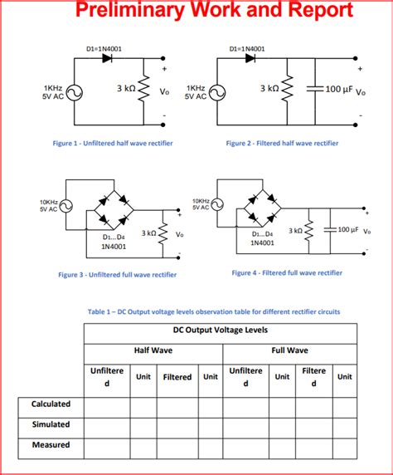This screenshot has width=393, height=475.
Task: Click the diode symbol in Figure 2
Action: (250, 59)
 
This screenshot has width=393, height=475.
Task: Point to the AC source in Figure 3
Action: (65, 205)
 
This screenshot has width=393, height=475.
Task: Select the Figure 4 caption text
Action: (286, 272)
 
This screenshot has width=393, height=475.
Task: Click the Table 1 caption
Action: (214, 311)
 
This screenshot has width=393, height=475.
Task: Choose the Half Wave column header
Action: (153, 350)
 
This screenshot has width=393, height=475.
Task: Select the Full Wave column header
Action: (290, 350)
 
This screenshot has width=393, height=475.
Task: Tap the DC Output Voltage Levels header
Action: (221, 329)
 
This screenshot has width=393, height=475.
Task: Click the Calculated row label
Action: (51, 404)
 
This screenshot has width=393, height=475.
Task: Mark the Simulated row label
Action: (51, 424)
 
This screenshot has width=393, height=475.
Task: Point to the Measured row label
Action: (51, 444)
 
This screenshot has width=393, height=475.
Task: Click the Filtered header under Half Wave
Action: (177, 377)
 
